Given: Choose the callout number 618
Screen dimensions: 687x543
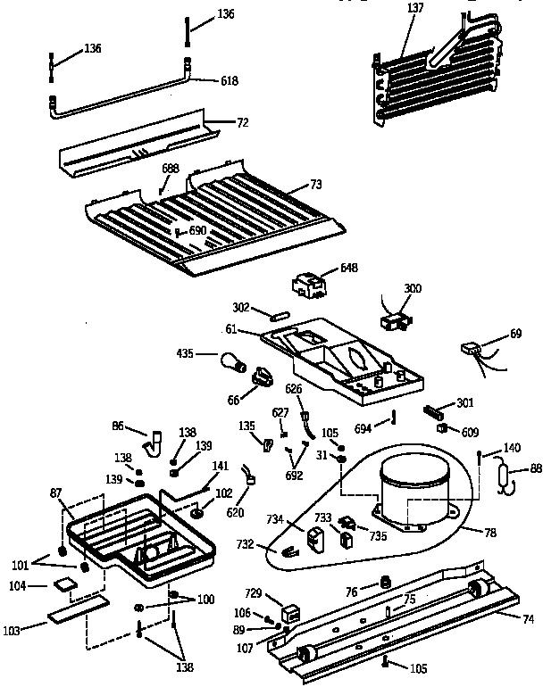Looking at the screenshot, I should (x=230, y=81).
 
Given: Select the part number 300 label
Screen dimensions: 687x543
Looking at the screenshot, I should (x=413, y=288).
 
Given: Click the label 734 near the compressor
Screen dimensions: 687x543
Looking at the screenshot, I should (x=274, y=518).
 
